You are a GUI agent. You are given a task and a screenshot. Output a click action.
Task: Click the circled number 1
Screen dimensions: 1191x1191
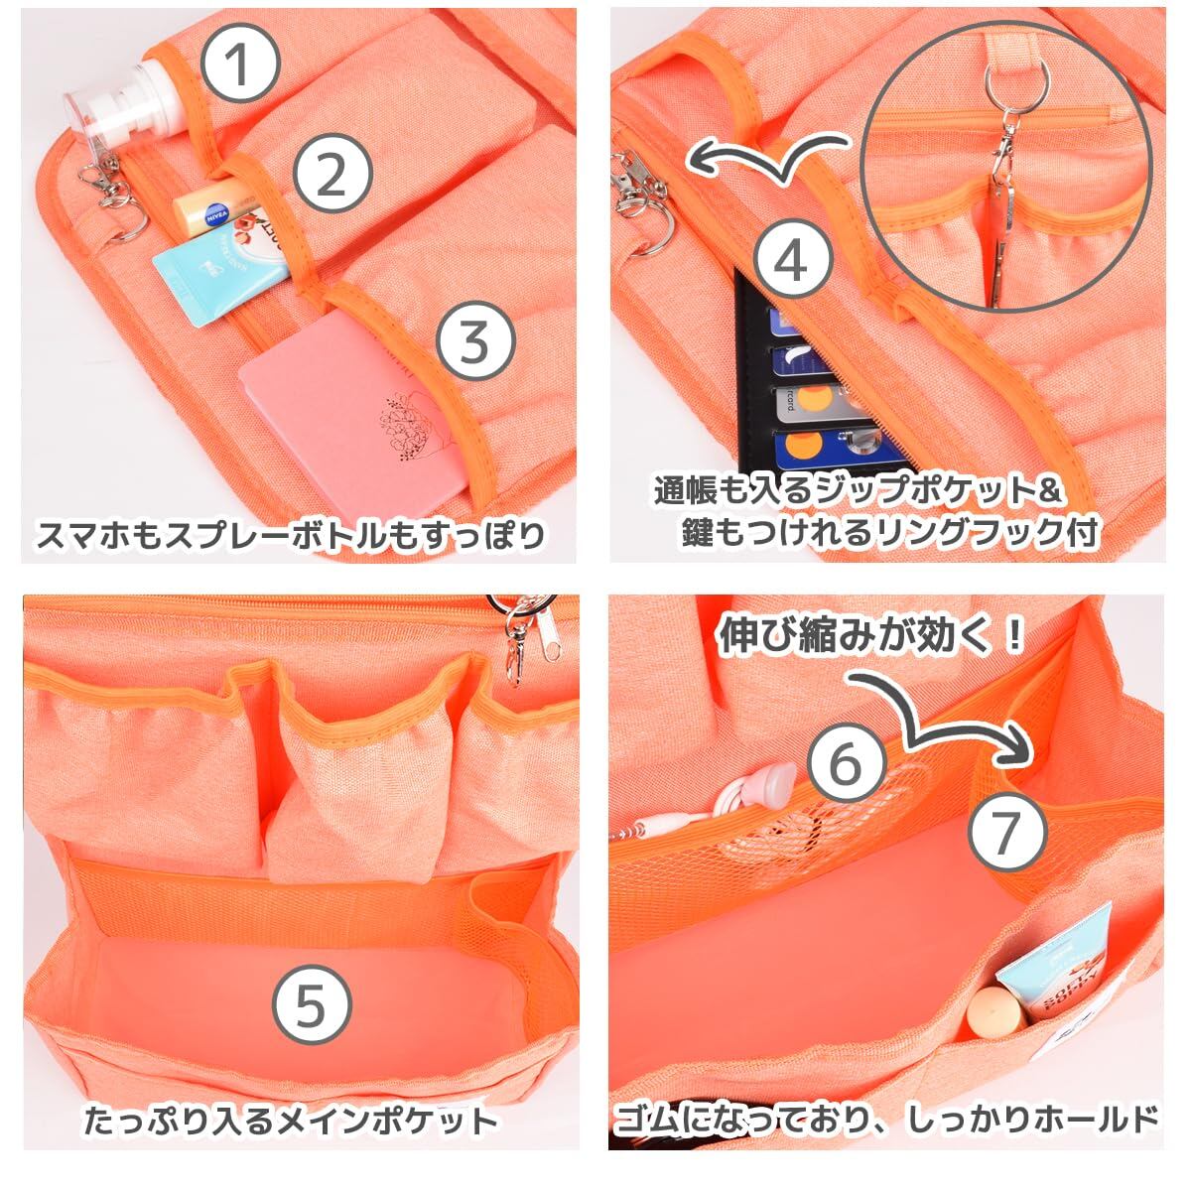241,63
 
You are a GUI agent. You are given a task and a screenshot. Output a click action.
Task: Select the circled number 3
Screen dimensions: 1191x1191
475,342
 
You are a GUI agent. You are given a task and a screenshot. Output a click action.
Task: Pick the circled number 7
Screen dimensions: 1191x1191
1006,831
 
